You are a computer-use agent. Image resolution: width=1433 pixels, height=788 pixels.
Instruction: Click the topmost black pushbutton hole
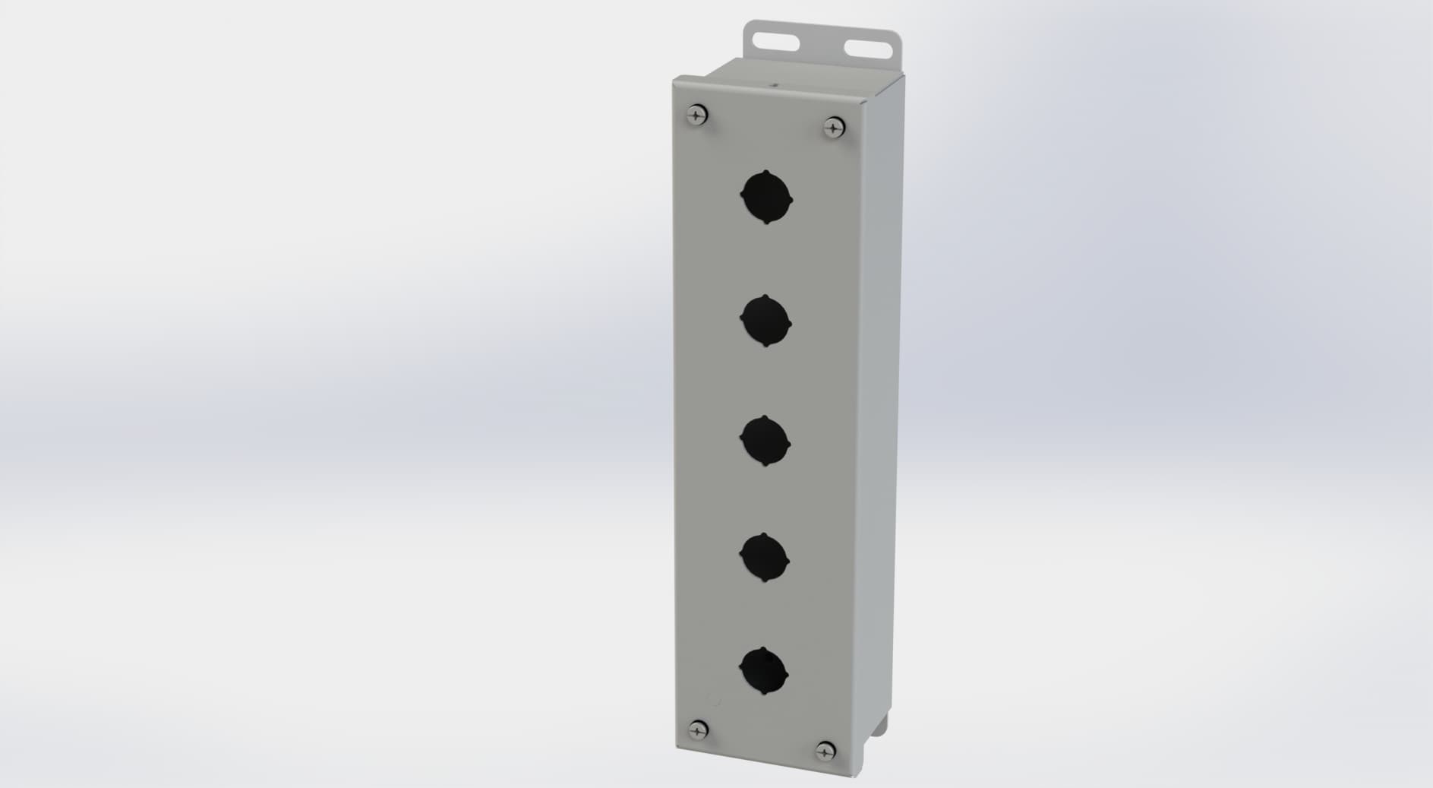pyautogui.click(x=766, y=198)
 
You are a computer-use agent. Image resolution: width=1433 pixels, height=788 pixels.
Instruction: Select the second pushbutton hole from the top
pyautogui.click(x=765, y=321)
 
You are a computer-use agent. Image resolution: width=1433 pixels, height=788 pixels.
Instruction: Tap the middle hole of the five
pyautogui.click(x=765, y=441)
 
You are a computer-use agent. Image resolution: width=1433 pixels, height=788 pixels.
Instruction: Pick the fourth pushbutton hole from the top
pyautogui.click(x=764, y=559)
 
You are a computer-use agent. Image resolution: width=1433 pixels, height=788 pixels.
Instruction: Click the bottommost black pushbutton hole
pyautogui.click(x=763, y=672)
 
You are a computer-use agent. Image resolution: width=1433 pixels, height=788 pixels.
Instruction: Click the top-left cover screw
pyautogui.click(x=697, y=115)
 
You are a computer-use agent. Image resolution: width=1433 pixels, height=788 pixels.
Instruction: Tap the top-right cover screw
pyautogui.click(x=834, y=127)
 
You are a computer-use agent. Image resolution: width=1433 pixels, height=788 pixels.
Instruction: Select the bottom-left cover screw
pyautogui.click(x=698, y=730)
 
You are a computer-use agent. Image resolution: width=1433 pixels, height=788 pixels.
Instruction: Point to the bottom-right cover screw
pyautogui.click(x=825, y=752)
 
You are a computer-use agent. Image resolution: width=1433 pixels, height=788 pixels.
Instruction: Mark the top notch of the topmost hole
pyautogui.click(x=766, y=173)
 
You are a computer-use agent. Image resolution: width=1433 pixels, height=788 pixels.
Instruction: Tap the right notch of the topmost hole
pyautogui.click(x=791, y=201)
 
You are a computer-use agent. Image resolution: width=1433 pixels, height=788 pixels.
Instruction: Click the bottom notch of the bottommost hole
pyautogui.click(x=762, y=696)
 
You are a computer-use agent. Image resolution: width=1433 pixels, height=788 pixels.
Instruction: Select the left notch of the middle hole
pyautogui.click(x=741, y=439)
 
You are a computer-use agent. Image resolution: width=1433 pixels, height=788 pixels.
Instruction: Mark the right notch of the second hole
pyautogui.click(x=790, y=324)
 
